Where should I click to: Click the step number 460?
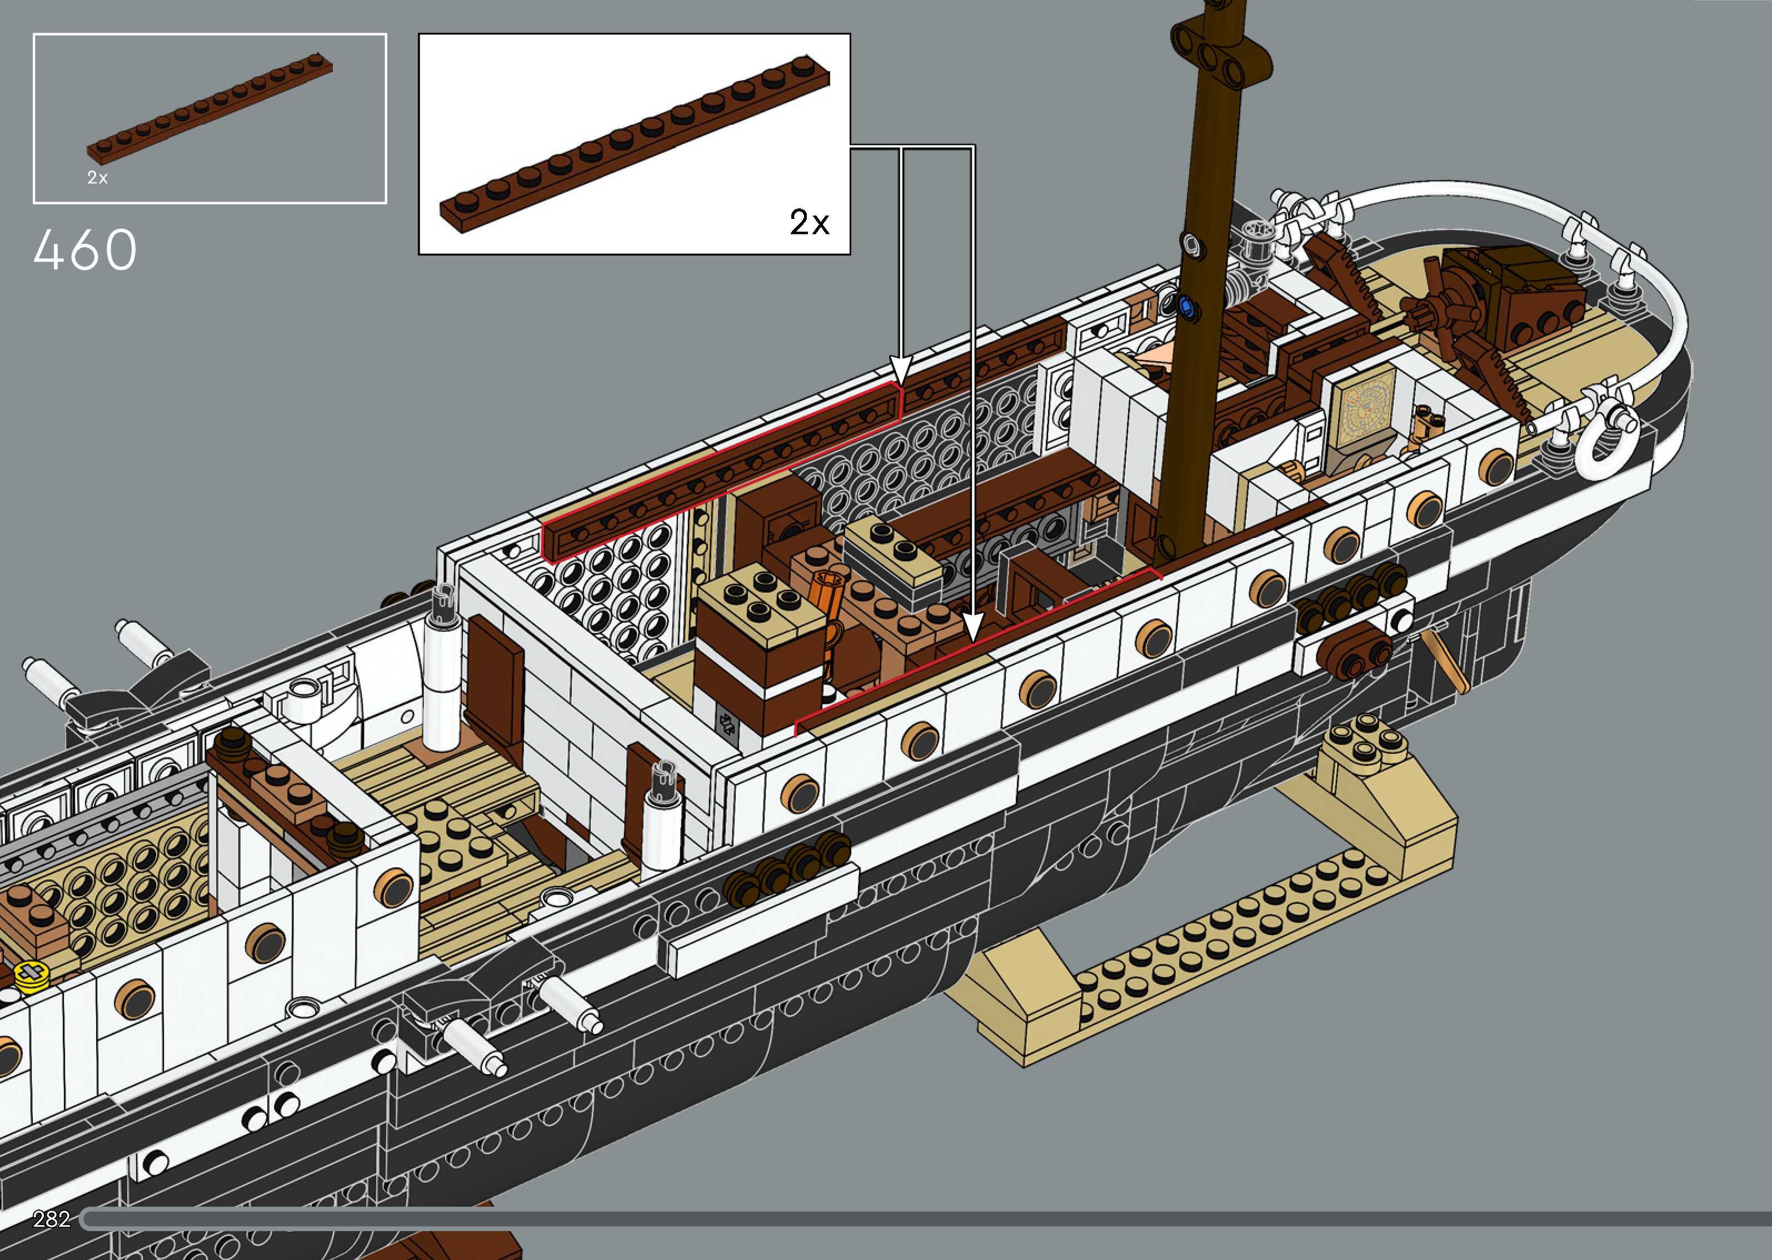[x=86, y=250]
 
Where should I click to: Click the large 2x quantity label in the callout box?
[x=809, y=223]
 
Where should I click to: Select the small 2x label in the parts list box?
[x=97, y=178]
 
